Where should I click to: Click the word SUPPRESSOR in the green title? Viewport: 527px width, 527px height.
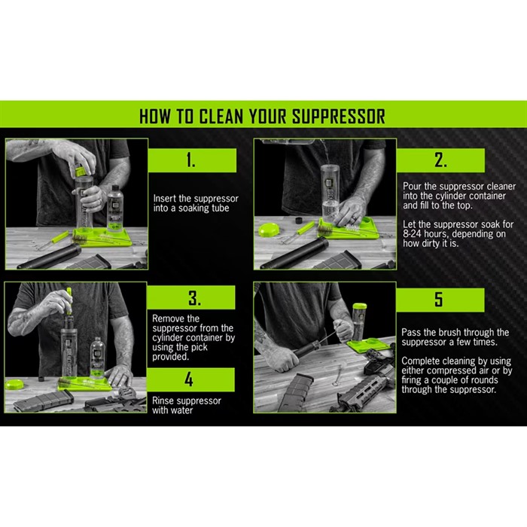tap(339, 117)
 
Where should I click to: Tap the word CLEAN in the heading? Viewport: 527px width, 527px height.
tap(221, 117)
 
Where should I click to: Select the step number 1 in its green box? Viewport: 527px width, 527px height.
tap(191, 160)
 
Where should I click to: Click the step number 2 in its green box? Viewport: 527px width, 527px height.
tap(440, 160)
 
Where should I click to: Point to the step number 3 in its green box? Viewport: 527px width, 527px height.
tap(194, 298)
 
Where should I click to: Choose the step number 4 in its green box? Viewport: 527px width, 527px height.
tap(189, 379)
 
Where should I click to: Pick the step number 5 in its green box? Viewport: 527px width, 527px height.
tap(439, 299)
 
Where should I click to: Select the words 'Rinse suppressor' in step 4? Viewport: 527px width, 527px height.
tap(187, 401)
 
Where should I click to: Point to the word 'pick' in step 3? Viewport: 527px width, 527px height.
tap(200, 347)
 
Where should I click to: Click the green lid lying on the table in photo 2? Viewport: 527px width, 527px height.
tap(270, 230)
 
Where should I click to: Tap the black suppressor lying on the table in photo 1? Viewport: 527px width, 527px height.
tap(50, 257)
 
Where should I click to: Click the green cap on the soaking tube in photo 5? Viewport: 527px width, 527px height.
tap(360, 306)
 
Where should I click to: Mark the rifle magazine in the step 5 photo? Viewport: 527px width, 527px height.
tap(295, 393)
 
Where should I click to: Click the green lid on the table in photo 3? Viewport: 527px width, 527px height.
tap(14, 384)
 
